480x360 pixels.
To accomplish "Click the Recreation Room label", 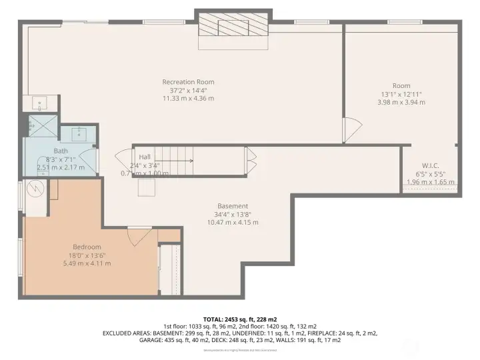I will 188,82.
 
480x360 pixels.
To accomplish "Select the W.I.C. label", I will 429,165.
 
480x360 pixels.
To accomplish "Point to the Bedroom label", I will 87,247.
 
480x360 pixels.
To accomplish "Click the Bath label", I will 60,151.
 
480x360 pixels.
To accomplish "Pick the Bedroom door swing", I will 137,235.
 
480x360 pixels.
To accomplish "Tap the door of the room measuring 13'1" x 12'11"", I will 351,129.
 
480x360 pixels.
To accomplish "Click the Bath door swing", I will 92,160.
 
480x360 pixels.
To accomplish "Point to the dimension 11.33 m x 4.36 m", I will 188,98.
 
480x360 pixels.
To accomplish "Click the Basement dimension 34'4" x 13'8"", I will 233,214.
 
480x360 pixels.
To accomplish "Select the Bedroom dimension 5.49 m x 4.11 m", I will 87,263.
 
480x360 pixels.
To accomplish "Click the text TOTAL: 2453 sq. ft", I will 239,319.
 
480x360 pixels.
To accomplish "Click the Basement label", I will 233,206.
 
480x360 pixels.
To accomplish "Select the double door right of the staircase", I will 251,161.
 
